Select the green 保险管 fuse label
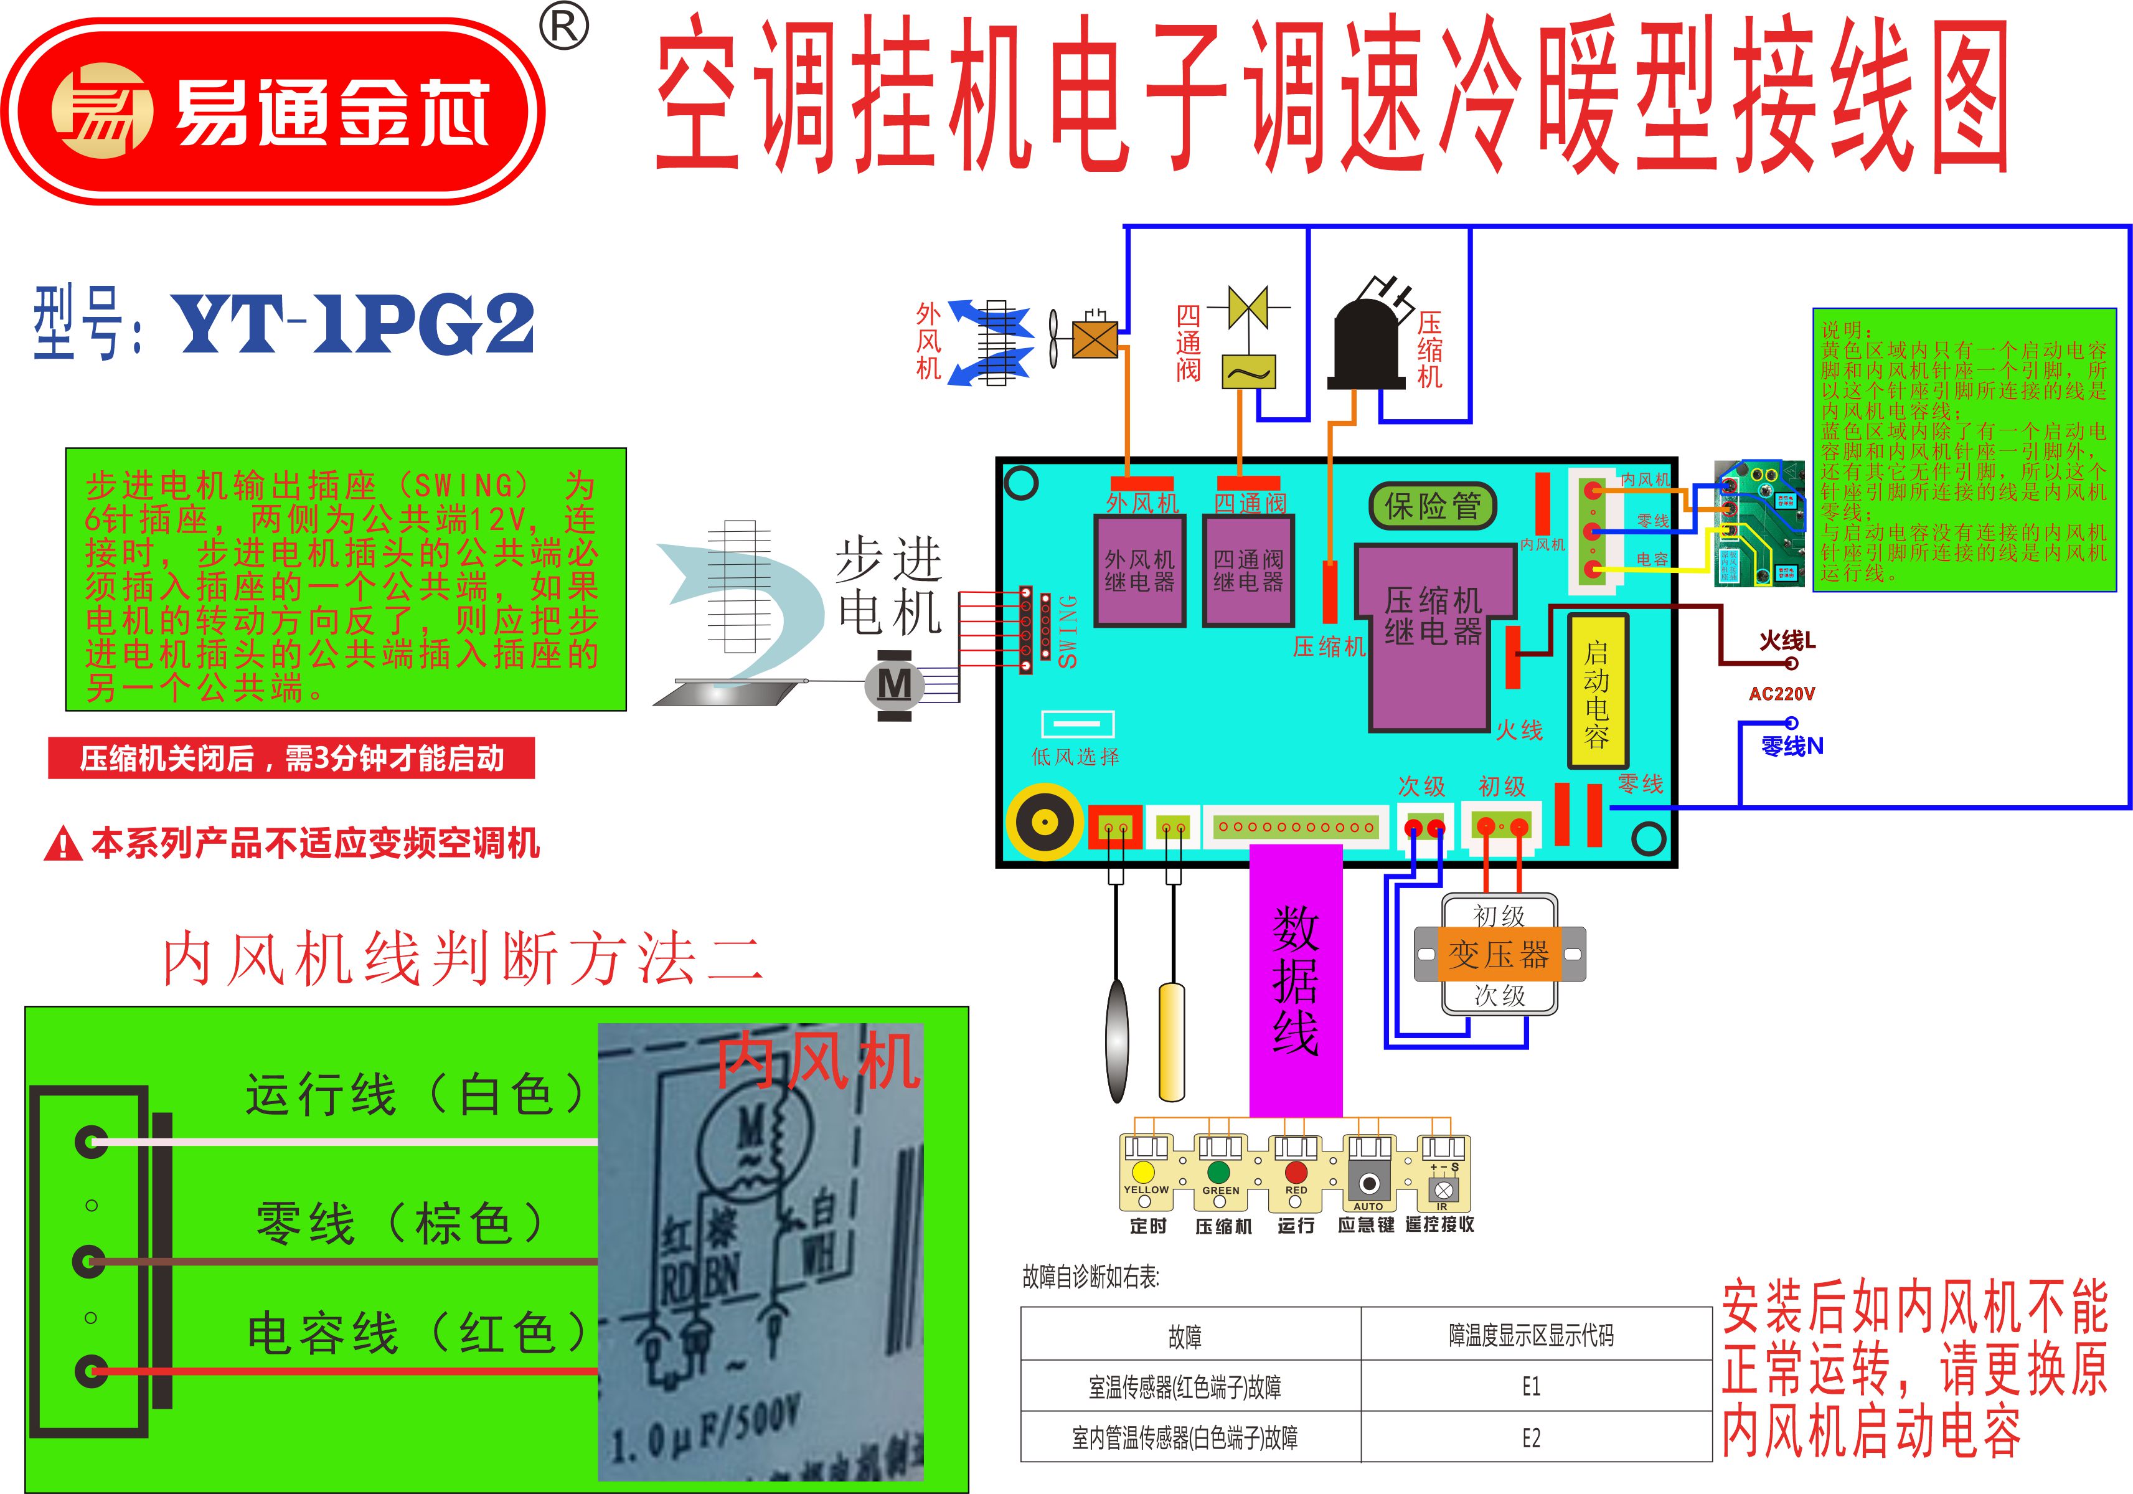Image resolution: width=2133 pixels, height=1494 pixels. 1433,506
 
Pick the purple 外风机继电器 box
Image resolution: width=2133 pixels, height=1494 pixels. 1140,570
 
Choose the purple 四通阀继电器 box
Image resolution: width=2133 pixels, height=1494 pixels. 1248,570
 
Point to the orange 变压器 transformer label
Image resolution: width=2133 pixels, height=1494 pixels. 1499,954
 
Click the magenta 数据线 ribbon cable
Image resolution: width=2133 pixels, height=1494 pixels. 1296,980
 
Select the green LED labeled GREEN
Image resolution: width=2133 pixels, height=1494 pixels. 1220,1173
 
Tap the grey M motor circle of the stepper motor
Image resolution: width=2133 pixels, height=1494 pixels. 895,685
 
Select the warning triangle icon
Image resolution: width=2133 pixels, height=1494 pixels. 62,844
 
